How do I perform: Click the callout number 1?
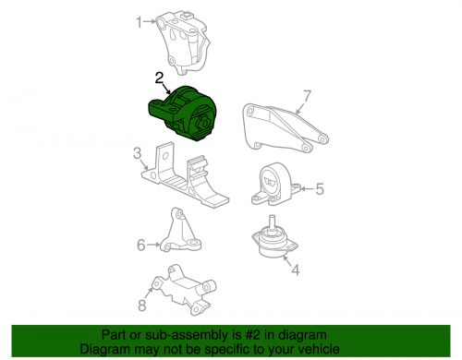click(140, 22)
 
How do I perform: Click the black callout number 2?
click(159, 78)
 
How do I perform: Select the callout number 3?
click(137, 153)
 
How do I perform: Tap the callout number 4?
click(295, 270)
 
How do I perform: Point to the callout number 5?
click(320, 189)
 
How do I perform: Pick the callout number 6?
click(141, 245)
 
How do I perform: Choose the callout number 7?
click(308, 96)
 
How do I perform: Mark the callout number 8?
click(141, 306)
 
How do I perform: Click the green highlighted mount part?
click(183, 114)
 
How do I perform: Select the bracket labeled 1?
click(182, 43)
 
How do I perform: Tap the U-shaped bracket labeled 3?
click(185, 175)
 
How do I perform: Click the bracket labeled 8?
click(185, 289)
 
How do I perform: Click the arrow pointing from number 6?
click(153, 245)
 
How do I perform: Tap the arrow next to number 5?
click(307, 188)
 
